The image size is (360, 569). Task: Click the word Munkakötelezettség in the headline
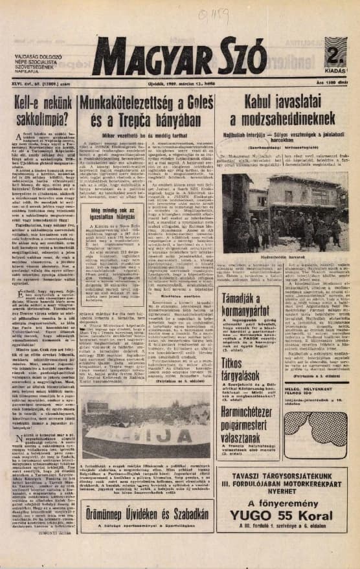pyautogui.click(x=121, y=104)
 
